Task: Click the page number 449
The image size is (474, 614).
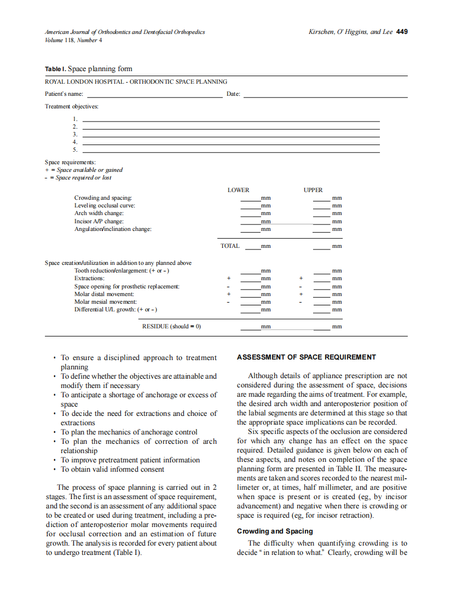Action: click(402, 32)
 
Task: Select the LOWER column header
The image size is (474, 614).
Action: click(238, 190)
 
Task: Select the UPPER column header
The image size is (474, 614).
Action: click(313, 190)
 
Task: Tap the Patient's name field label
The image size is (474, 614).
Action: click(64, 94)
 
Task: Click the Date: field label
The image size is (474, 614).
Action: click(233, 94)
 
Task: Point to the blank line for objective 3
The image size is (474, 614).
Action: click(230, 134)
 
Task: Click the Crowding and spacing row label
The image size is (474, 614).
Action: click(103, 198)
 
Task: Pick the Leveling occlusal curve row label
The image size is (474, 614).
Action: click(105, 205)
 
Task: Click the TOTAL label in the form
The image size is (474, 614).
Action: click(230, 246)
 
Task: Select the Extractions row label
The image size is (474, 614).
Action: click(89, 279)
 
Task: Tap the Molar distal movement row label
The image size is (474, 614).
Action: click(104, 294)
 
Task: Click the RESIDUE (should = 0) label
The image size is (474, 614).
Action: click(171, 326)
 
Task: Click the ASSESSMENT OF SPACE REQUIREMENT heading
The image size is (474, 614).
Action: click(306, 357)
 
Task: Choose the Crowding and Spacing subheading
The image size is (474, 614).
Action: click(275, 531)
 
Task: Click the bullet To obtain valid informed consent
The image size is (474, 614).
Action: click(112, 469)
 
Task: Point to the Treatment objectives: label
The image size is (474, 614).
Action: click(68, 106)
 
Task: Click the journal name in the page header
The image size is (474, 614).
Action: click(125, 32)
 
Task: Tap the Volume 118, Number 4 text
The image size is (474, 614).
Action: click(73, 40)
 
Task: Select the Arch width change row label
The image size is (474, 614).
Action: click(99, 213)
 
